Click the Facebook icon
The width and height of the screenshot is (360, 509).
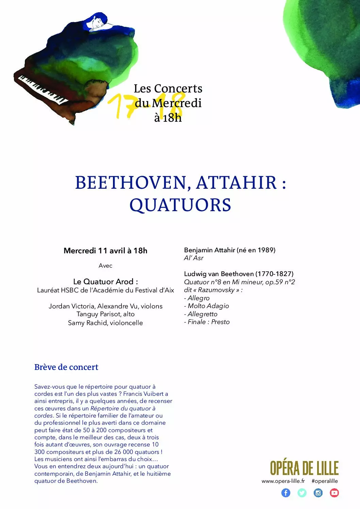pyautogui.click(x=286, y=493)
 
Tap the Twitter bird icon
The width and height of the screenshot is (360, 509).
pyautogui.click(x=302, y=493)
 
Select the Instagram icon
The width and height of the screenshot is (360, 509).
pyautogui.click(x=318, y=493)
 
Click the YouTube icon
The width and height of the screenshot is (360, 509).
pyautogui.click(x=334, y=493)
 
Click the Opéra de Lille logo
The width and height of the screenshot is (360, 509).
pyautogui.click(x=304, y=468)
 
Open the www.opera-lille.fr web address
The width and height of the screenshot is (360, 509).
pyautogui.click(x=283, y=481)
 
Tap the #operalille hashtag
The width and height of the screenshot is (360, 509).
pyautogui.click(x=325, y=481)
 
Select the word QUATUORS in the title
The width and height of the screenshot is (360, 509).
pyautogui.click(x=180, y=205)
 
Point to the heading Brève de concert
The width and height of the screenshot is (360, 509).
pyautogui.click(x=66, y=367)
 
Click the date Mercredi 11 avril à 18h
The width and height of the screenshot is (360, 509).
pyautogui.click(x=105, y=251)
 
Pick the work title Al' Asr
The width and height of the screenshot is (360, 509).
pyautogui.click(x=194, y=258)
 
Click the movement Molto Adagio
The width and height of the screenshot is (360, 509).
pyautogui.click(x=208, y=306)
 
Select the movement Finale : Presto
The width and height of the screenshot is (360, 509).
pyautogui.click(x=209, y=322)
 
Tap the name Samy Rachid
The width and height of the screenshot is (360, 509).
pyautogui.click(x=87, y=323)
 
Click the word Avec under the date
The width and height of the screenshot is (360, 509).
pyautogui.click(x=105, y=266)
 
